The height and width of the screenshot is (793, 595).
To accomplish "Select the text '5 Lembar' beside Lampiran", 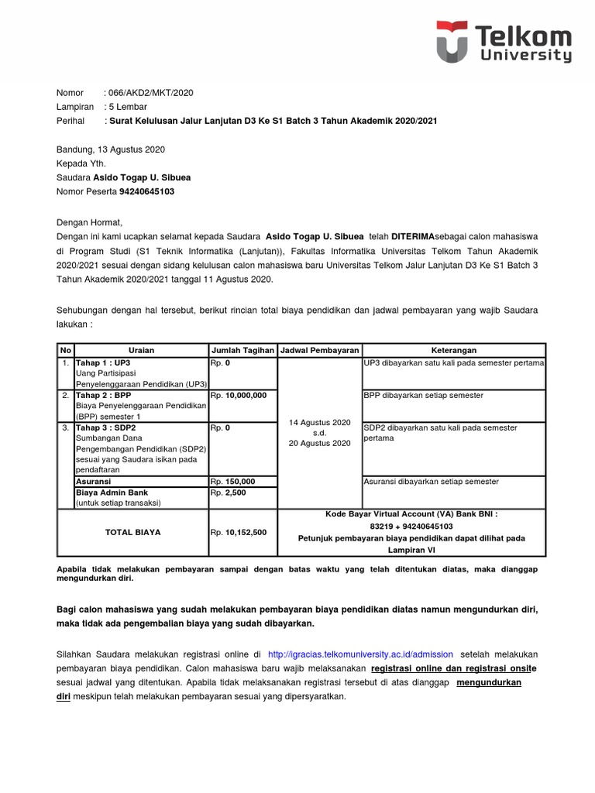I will pos(128,107).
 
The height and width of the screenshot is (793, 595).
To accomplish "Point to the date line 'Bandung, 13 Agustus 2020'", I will pos(110,149).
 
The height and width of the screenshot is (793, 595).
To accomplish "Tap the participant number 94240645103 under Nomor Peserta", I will pos(130,191).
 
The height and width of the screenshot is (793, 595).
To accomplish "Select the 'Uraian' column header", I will pos(141,350).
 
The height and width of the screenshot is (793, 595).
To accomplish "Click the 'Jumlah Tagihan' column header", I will pos(242,350).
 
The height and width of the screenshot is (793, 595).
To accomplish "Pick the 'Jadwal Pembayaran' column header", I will pos(320,350).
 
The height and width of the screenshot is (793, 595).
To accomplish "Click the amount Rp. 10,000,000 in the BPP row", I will pos(239,395).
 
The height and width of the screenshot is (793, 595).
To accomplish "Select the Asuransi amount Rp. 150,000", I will pos(233,481).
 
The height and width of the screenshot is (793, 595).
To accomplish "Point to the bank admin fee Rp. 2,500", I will pos(229,492).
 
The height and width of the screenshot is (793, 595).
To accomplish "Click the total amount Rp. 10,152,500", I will pos(239,532).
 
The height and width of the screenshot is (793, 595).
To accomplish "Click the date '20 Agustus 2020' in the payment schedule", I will pos(320,444).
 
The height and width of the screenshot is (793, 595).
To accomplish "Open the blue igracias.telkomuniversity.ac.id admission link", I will pos(360,654).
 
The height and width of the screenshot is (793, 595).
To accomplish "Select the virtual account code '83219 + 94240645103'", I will pos(411,525).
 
